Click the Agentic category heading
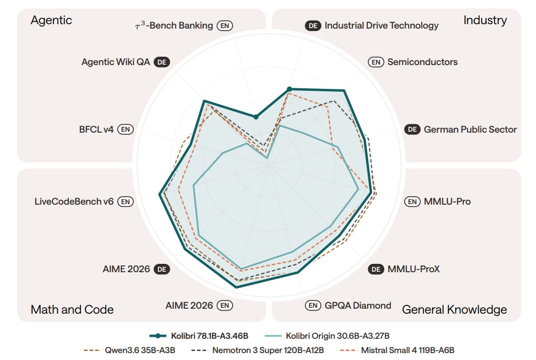click(x=51, y=21)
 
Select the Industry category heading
click(x=485, y=21)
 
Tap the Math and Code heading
click(x=72, y=309)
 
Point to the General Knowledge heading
click(x=454, y=310)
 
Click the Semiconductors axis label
click(x=422, y=62)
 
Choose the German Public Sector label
click(x=470, y=129)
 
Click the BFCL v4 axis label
click(x=96, y=129)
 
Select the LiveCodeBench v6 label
click(x=74, y=202)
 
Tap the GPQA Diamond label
click(x=358, y=305)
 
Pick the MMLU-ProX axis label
click(x=414, y=269)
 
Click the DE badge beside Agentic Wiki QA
click(x=162, y=62)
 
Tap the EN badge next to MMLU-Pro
click(x=412, y=202)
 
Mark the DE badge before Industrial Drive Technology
click(x=313, y=26)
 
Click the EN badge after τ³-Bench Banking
click(x=225, y=26)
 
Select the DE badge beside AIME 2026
click(x=162, y=269)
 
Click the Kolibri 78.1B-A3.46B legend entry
click(x=199, y=336)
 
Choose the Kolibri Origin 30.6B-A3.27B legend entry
click(x=327, y=336)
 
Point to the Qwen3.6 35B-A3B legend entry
click(x=129, y=350)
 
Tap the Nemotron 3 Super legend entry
click(x=258, y=350)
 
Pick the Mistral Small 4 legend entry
click(x=397, y=350)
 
